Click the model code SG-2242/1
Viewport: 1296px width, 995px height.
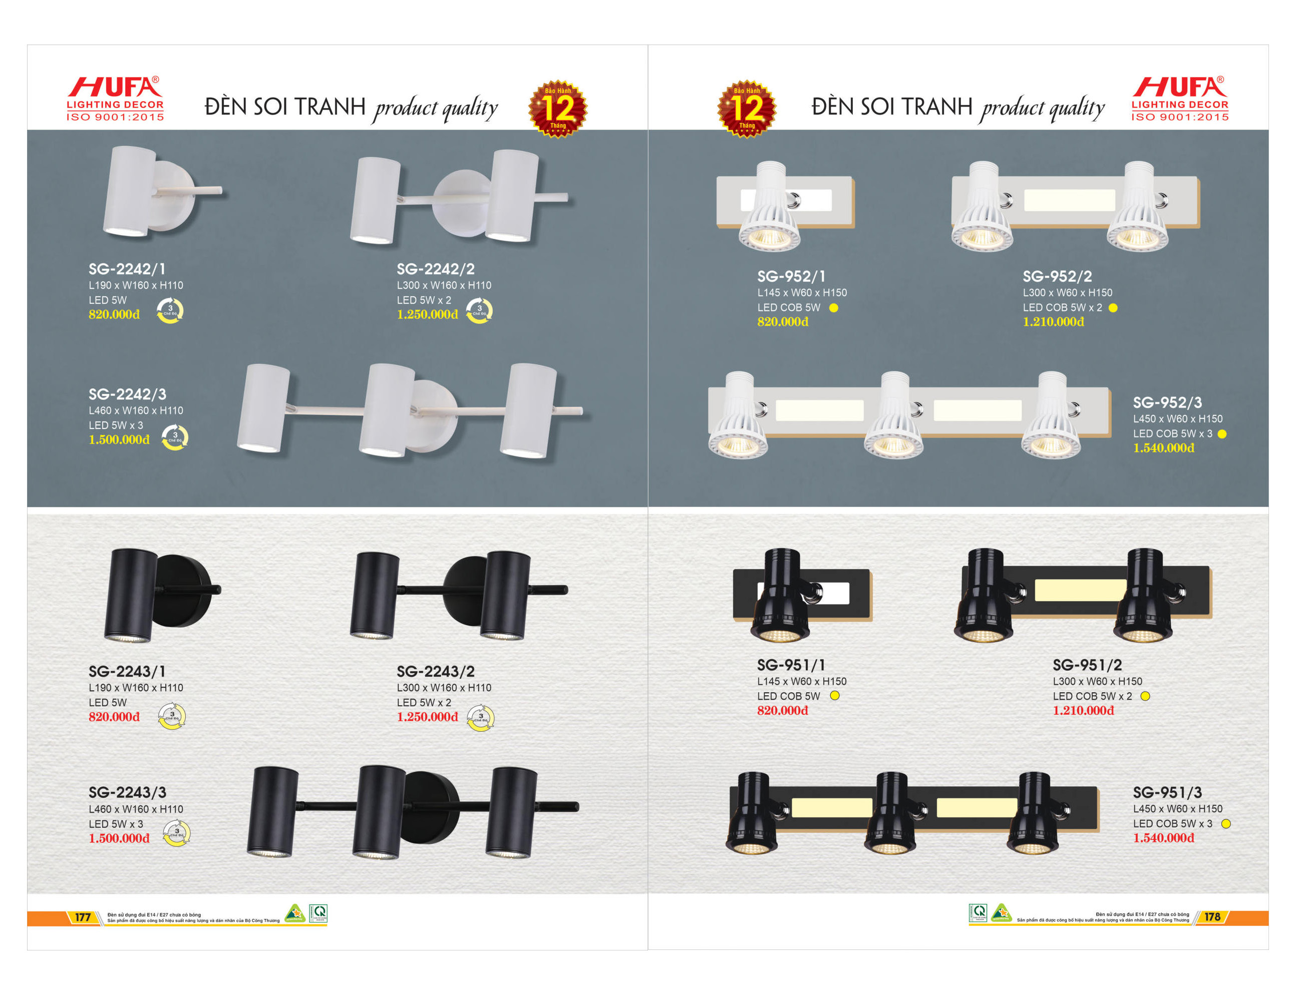point(127,269)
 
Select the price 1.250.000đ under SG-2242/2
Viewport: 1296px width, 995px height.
point(427,314)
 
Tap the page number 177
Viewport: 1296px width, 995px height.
point(82,917)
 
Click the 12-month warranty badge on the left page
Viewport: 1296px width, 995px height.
point(558,109)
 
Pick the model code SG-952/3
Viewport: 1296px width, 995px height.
point(1167,403)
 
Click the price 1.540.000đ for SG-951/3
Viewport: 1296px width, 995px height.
point(1163,838)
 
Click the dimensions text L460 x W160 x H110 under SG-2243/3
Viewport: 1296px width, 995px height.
point(136,809)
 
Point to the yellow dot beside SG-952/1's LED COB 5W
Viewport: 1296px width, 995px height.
point(833,308)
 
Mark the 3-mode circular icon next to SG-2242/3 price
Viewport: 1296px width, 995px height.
point(175,437)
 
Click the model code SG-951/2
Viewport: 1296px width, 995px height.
point(1087,665)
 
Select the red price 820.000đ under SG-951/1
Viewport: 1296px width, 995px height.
point(782,711)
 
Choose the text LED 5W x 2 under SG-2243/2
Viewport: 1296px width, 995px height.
point(424,702)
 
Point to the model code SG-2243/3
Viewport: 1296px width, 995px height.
point(127,792)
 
